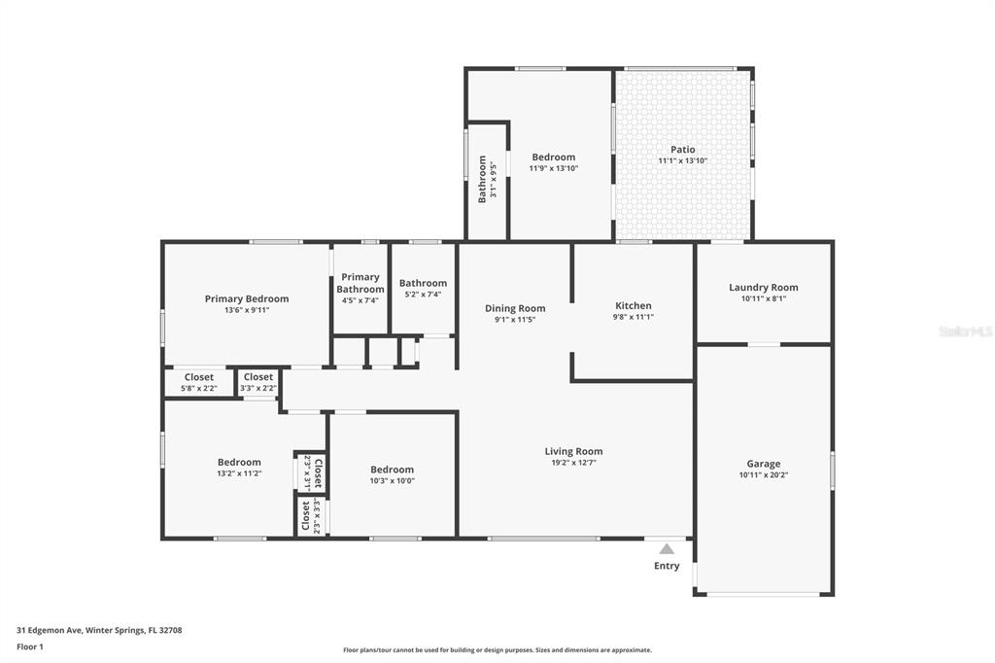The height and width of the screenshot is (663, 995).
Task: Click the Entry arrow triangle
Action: [x=667, y=548]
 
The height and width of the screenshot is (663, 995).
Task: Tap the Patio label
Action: [x=683, y=150]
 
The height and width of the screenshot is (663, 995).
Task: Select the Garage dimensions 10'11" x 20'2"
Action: [x=764, y=474]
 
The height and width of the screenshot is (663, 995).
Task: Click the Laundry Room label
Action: [x=764, y=287]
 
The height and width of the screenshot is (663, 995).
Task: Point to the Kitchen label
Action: [x=634, y=305]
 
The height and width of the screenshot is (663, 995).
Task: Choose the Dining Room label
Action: [x=515, y=308]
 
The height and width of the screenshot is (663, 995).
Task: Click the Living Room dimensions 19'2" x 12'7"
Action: [x=573, y=463]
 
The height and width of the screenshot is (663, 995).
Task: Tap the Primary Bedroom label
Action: [x=247, y=298]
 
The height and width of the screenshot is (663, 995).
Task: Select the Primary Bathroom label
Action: [x=360, y=283]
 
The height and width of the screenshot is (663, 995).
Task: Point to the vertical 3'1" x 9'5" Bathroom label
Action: [x=487, y=179]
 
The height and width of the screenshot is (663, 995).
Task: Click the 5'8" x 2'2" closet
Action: [x=198, y=382]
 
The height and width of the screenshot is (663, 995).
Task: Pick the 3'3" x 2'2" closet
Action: [x=258, y=382]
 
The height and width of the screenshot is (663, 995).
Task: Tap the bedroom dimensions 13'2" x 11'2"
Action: [x=239, y=473]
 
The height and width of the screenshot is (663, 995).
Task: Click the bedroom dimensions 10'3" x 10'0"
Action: [x=393, y=481]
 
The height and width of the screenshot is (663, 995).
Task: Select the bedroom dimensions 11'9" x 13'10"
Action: [x=554, y=168]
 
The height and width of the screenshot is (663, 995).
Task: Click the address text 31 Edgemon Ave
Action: [x=50, y=630]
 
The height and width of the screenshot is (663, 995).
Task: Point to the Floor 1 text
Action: [x=30, y=646]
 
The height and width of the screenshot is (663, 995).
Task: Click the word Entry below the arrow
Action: [x=667, y=565]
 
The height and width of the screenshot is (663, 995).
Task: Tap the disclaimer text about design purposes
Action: [x=497, y=649]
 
